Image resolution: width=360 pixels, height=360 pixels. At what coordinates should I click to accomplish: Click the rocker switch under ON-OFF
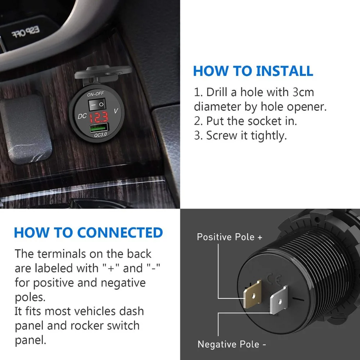[x=96, y=105]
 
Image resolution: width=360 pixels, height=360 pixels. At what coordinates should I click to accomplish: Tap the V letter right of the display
[x=116, y=112]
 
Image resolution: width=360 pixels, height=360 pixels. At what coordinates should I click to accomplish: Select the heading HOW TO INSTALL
[x=253, y=71]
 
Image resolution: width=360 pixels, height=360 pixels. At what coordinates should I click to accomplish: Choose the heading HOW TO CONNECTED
[x=88, y=233]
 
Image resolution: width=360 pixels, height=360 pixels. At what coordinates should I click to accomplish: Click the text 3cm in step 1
[x=303, y=92]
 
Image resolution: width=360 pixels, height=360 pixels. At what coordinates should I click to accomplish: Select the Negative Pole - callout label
[x=232, y=344]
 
